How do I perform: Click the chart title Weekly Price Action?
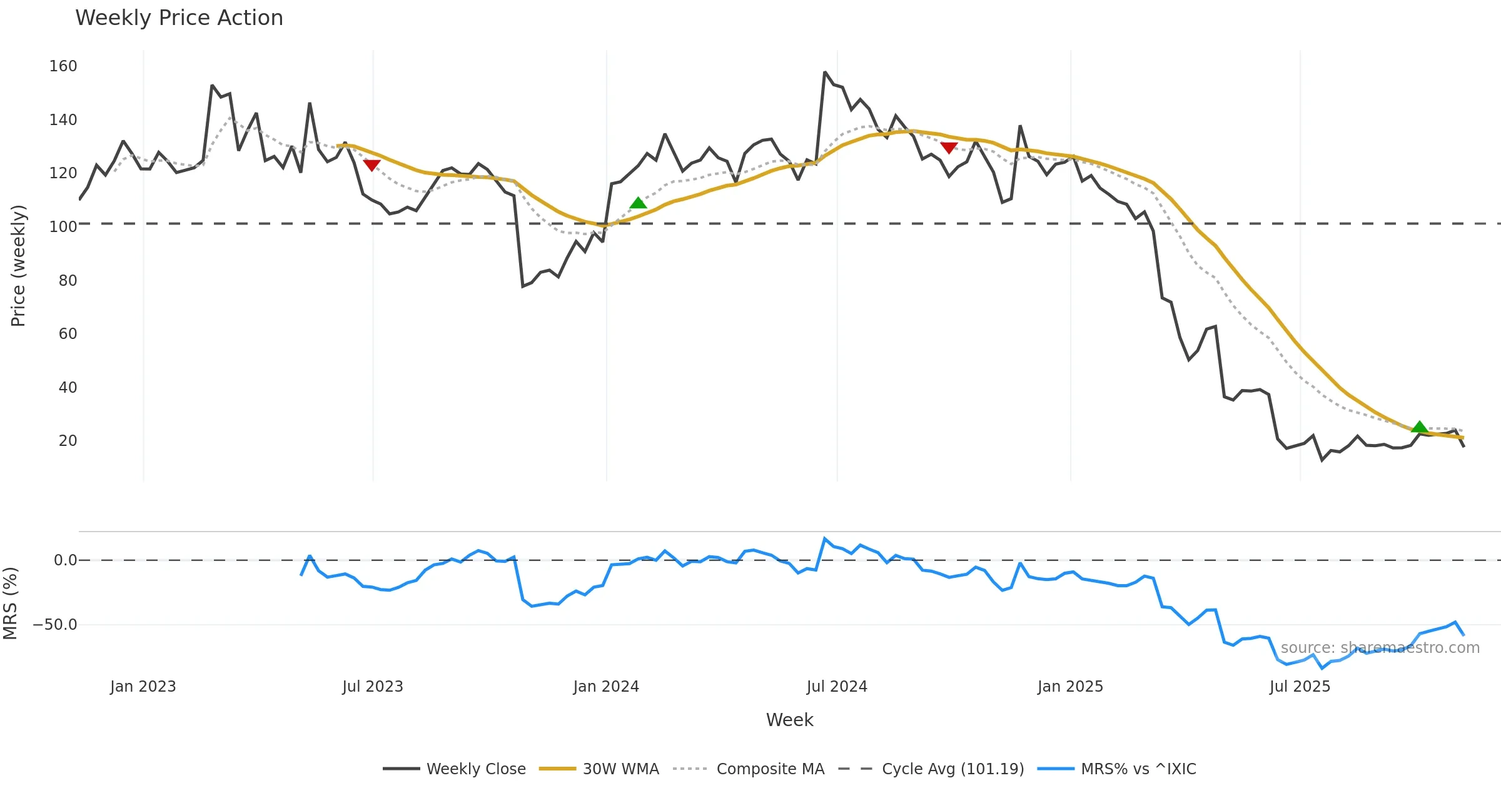point(179,18)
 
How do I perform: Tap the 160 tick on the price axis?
point(63,66)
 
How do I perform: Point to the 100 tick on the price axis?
point(63,226)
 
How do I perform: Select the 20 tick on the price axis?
point(68,441)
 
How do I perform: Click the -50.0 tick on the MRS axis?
point(55,625)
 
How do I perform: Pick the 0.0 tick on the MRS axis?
point(65,560)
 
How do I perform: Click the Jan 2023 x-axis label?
point(143,687)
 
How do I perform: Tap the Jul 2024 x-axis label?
point(837,687)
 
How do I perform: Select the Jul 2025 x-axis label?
point(1300,687)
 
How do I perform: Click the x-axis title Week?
point(789,720)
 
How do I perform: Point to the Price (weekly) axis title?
point(18,266)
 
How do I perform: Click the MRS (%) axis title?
point(10,604)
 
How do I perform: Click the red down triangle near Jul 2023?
point(371,165)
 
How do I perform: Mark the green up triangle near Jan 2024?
point(638,203)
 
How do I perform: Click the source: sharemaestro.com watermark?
point(1380,648)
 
